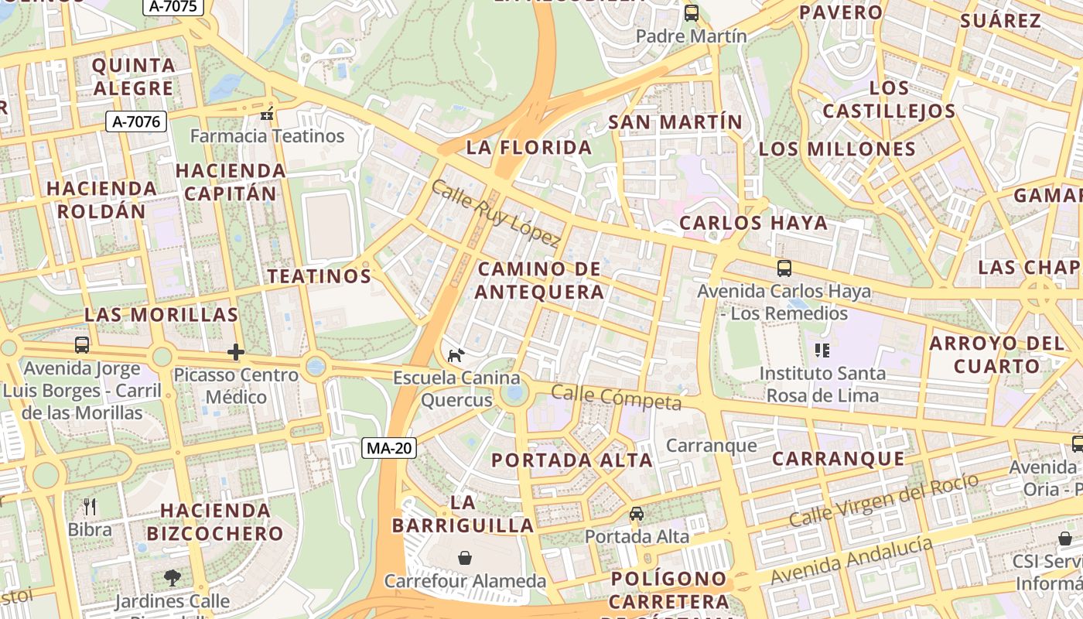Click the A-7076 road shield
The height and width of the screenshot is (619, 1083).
pos(136,121)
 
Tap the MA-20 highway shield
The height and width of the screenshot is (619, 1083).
pos(390,447)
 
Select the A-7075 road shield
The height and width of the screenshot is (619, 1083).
pos(173,7)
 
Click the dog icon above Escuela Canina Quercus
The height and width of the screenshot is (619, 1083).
pos(456,355)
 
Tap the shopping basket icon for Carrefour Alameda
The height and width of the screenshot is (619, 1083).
pos(465,557)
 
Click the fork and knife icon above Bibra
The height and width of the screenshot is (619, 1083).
pos(90,507)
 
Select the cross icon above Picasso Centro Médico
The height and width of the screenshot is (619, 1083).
pos(236,353)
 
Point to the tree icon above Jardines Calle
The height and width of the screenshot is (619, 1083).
pos(172,577)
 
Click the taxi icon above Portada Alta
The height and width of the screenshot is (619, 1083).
pos(636,514)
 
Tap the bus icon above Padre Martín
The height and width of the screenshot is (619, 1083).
pos(691,13)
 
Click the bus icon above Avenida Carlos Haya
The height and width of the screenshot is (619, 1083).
pos(784,268)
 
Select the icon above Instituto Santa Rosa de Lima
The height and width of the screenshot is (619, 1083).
pos(822,351)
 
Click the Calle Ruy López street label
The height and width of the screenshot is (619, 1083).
pos(495,214)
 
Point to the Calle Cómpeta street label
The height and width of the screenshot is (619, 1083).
pos(616,398)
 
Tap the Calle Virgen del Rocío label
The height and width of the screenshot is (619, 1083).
pos(883,501)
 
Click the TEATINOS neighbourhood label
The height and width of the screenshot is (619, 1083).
pos(319,276)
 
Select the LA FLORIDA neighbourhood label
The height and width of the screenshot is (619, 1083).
pos(529,148)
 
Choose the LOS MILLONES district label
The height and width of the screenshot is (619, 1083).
pos(837,149)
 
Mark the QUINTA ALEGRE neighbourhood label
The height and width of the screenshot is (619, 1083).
pos(133,77)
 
